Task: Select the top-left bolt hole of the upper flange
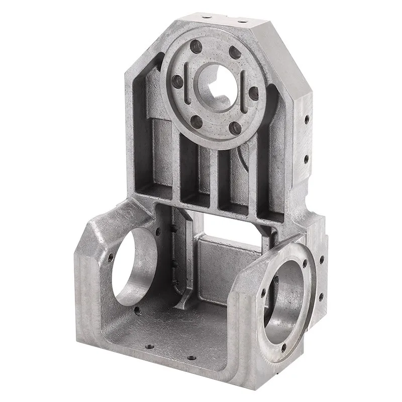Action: point(196,47)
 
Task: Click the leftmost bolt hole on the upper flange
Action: point(176,80)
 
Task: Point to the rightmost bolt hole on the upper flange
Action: point(253,93)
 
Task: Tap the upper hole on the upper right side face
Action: point(306,120)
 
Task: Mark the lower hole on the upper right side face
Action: point(306,159)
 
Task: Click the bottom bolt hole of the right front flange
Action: point(284,347)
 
